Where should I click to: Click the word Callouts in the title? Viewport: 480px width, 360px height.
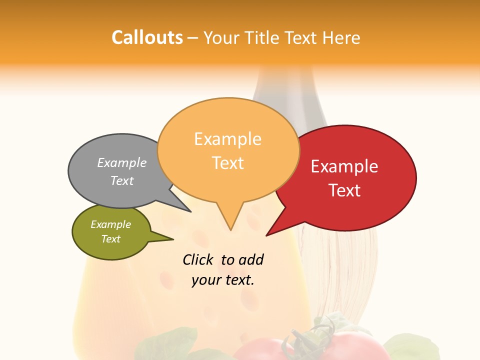147,37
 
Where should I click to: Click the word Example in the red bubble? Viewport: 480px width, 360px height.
344,166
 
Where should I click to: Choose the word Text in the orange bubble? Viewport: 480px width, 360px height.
228,163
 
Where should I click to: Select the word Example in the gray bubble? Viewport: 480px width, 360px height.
122,162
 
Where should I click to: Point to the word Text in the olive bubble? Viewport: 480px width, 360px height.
111,239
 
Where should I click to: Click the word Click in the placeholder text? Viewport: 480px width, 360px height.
197,259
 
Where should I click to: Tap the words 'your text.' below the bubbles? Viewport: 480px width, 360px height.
223,280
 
